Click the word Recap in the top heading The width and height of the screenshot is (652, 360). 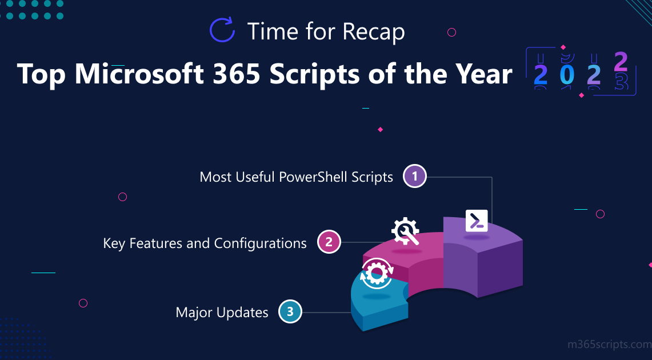coord(374,32)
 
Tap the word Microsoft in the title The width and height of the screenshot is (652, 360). coord(139,74)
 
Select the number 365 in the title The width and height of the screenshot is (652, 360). coord(236,74)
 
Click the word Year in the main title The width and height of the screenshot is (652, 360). coord(483,74)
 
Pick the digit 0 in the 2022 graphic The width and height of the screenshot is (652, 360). coord(567,74)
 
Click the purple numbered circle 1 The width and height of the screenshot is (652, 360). coord(414,176)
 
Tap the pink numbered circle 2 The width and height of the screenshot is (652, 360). coord(329,242)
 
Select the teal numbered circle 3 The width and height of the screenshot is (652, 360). coord(290,311)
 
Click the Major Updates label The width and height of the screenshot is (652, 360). coord(222,313)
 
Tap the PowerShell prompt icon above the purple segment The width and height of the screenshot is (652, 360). coord(477,221)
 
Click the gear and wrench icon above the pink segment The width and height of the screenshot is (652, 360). coord(405,231)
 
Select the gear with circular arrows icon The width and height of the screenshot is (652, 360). coord(377,273)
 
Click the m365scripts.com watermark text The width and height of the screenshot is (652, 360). coord(610,345)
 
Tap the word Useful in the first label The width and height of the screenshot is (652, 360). coord(255,177)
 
